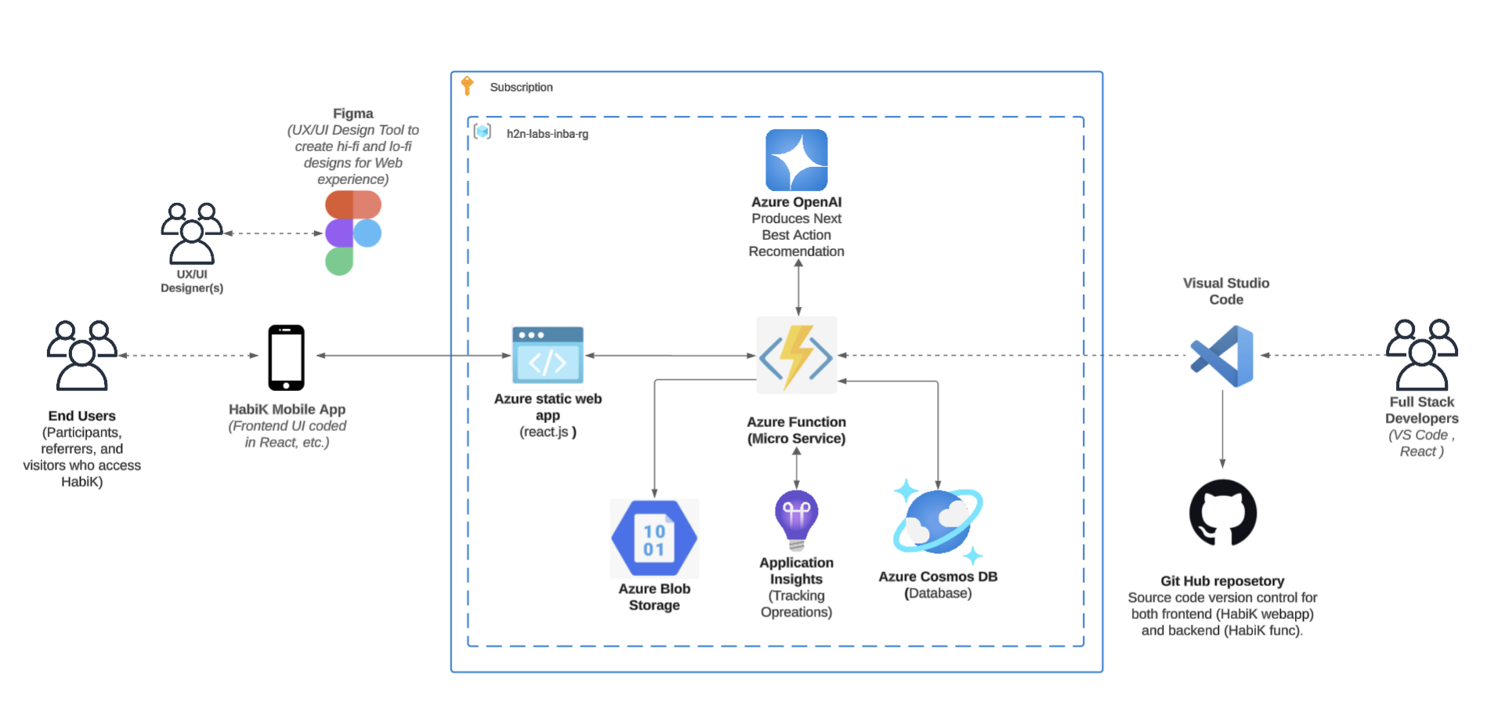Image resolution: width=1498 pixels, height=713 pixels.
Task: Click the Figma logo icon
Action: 353,233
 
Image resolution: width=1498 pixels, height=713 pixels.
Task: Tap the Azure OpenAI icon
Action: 796,160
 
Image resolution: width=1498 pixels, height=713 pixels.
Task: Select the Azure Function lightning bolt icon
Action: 796,356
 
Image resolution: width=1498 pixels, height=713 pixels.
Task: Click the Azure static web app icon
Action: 548,355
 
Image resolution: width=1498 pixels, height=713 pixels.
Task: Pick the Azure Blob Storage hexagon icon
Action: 654,538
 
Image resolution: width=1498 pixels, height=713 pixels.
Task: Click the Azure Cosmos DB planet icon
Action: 938,521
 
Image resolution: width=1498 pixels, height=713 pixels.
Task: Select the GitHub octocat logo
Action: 1222,513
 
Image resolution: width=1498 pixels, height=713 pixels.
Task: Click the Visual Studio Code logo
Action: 1222,356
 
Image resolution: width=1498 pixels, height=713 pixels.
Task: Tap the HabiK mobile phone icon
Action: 286,357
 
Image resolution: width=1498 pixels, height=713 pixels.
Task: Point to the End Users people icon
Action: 82,355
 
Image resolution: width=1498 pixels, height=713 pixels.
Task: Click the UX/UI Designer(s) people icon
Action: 192,233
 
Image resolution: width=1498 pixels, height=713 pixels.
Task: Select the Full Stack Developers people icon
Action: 1421,355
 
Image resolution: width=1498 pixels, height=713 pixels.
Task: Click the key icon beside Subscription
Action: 468,85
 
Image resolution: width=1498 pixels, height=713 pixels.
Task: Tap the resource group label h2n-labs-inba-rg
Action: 547,134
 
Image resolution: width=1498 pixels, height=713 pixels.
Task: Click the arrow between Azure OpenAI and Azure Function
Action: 798,288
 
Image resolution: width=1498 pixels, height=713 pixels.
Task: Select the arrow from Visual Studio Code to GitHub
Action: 1222,429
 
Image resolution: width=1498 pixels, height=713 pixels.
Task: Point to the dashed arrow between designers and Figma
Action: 273,233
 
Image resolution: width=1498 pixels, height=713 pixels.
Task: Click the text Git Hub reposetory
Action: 1222,581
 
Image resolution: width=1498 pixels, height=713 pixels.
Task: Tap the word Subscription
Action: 521,87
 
